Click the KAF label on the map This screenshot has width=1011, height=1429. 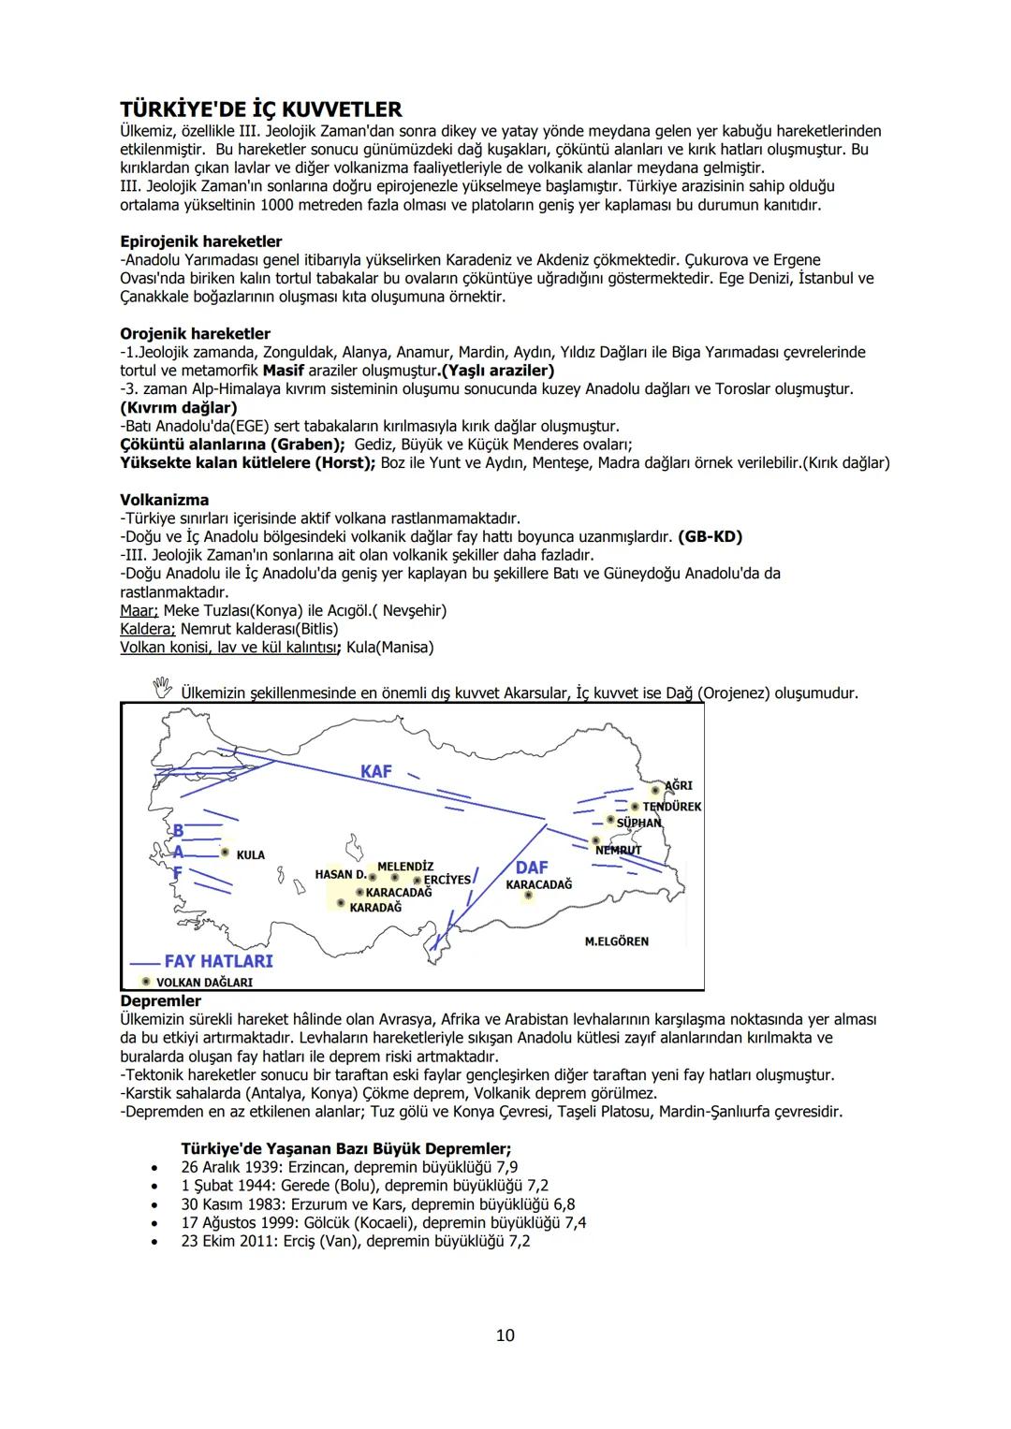(376, 771)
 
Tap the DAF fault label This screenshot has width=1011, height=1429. (532, 868)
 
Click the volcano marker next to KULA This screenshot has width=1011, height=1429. (225, 853)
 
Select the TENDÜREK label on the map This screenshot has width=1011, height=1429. (671, 806)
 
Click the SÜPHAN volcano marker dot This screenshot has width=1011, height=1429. (610, 821)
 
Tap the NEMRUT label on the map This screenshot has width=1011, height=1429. (618, 850)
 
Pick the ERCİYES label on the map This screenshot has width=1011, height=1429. (447, 880)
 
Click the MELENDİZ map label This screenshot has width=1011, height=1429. (404, 867)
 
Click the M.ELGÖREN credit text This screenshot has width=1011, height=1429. (616, 941)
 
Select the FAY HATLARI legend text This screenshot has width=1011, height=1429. (218, 961)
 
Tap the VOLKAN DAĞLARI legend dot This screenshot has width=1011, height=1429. (145, 981)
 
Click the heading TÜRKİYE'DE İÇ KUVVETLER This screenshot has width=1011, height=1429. (260, 109)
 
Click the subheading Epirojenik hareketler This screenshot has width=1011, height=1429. (200, 241)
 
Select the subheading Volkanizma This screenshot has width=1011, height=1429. (164, 500)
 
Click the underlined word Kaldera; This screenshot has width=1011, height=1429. (148, 629)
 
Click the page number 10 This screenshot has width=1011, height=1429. (505, 1334)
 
